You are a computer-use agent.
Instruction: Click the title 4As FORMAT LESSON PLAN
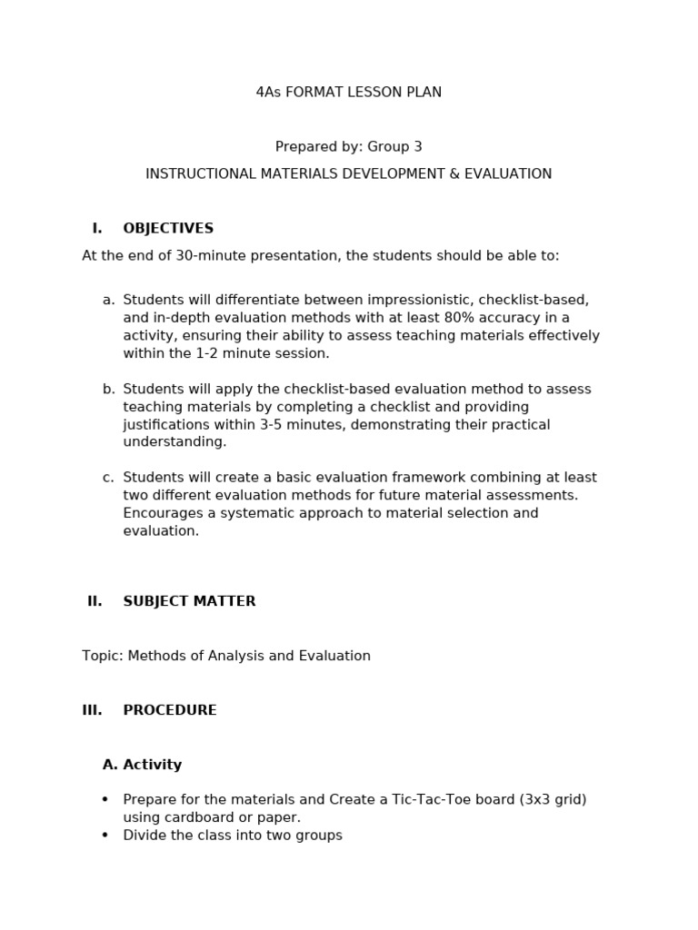click(349, 93)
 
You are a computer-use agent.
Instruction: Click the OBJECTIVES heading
click(168, 229)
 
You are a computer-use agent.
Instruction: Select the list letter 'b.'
click(108, 390)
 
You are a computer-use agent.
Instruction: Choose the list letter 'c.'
click(108, 478)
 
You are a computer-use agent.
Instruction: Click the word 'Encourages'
click(162, 513)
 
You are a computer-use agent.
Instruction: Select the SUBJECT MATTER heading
click(189, 601)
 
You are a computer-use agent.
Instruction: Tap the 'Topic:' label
click(103, 656)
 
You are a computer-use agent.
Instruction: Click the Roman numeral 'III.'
click(92, 710)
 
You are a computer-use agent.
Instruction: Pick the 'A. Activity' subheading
click(142, 765)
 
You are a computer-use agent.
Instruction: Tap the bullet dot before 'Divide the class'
click(105, 836)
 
